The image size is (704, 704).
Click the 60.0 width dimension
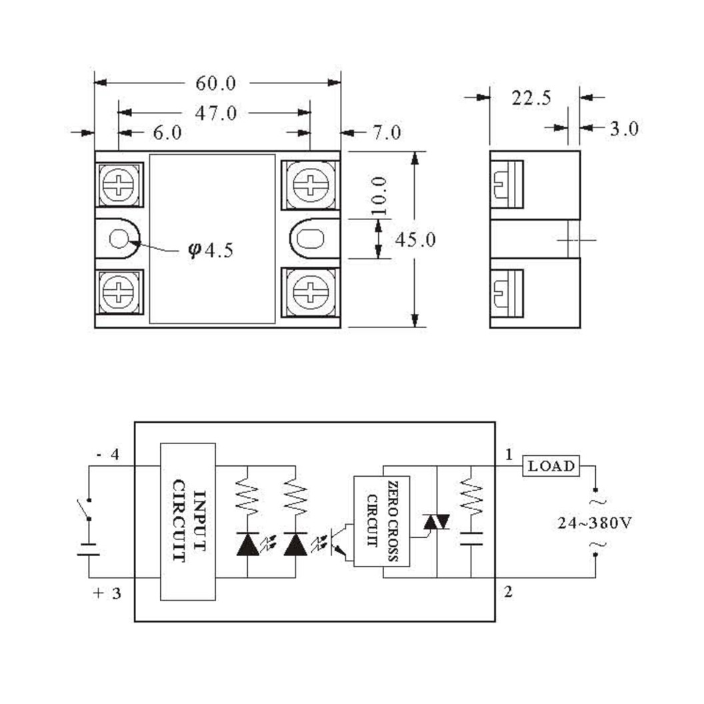(x=215, y=83)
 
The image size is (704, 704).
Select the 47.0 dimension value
(x=215, y=113)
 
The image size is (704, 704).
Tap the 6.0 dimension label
(x=167, y=133)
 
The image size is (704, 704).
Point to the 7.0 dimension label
(x=387, y=133)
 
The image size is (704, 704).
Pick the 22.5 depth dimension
(x=531, y=99)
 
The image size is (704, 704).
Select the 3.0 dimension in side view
(x=623, y=128)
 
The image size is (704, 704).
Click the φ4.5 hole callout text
(x=211, y=251)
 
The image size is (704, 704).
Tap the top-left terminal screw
(x=119, y=185)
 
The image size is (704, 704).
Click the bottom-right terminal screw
(x=310, y=291)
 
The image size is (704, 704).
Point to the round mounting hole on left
(x=119, y=238)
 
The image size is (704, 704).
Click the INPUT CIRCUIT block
(x=188, y=521)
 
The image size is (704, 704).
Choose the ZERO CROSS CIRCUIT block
(x=381, y=521)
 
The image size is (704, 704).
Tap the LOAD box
(x=551, y=466)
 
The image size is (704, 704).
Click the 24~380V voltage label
(x=595, y=523)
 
